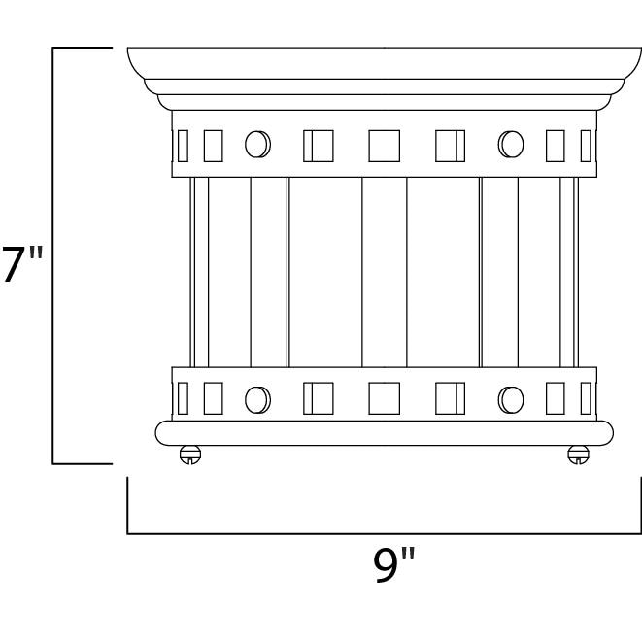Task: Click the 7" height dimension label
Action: [22, 264]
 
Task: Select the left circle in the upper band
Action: [256, 145]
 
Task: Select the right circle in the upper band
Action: [510, 145]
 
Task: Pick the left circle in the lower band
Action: [256, 398]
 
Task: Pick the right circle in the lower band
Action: [510, 398]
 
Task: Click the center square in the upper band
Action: [384, 145]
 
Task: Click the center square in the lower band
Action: [384, 398]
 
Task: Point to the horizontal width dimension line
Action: [384, 533]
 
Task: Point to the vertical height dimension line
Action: [52, 254]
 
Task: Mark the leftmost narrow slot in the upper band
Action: [182, 145]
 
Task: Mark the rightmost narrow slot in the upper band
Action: [586, 145]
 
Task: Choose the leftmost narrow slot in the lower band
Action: [182, 398]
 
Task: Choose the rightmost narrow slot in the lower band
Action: [586, 398]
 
